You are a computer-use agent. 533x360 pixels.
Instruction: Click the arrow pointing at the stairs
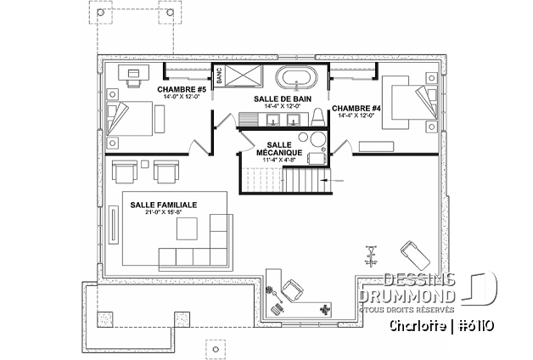coord(336,181)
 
